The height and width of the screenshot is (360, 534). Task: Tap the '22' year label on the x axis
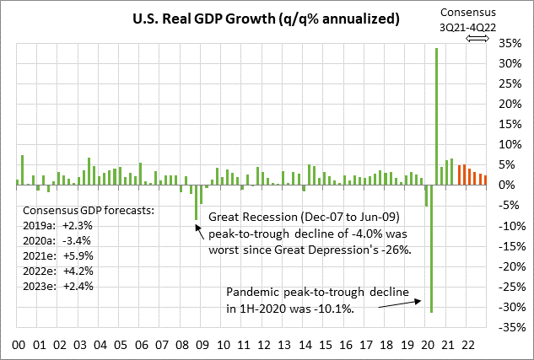(x=478, y=345)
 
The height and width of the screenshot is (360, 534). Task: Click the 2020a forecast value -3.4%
(x=78, y=240)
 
